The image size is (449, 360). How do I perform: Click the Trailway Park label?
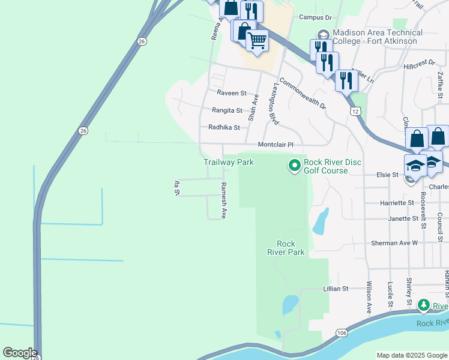229,162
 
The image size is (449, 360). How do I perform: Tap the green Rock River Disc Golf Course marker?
294,164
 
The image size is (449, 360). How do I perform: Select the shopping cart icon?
258,41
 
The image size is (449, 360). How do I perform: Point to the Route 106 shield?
341,332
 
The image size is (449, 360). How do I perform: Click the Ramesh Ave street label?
223,200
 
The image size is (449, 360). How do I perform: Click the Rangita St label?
227,110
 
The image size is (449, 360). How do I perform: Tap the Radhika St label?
224,127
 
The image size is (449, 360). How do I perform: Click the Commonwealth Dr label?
302,94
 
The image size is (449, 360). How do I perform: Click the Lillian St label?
336,289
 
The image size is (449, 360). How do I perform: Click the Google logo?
20,353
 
